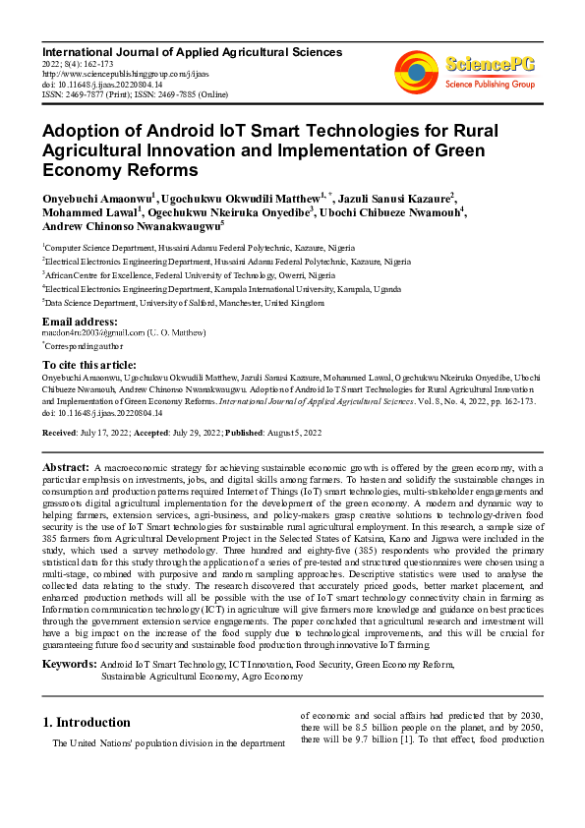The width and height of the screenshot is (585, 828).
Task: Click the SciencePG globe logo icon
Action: (416, 72)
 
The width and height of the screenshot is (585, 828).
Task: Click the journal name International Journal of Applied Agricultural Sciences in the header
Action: (191, 51)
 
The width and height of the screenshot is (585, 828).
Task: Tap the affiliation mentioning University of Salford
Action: (184, 305)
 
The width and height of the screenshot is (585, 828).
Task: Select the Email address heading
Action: (81, 322)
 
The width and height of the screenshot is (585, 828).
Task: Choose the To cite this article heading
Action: (89, 364)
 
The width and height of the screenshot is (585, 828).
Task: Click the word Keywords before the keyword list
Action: (70, 666)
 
